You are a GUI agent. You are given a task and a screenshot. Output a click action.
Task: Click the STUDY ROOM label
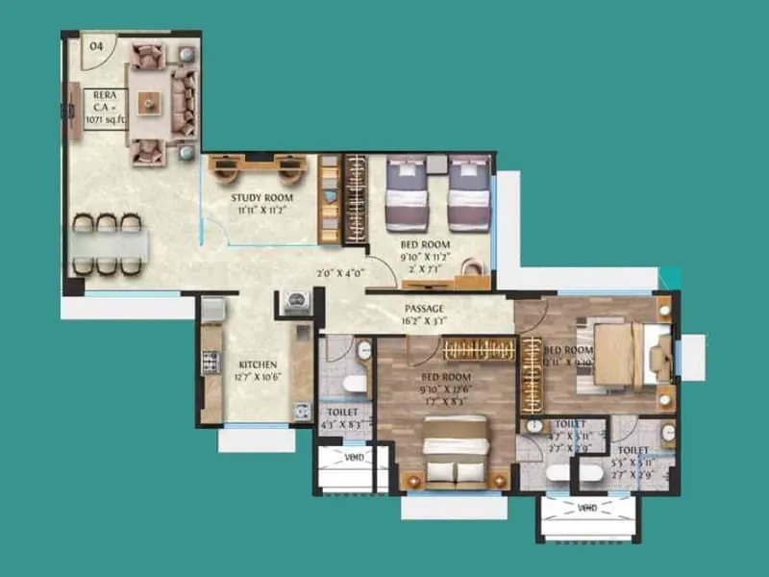click(x=260, y=199)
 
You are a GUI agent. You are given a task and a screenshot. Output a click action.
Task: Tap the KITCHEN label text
click(x=259, y=364)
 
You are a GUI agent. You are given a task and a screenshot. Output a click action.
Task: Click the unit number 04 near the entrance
click(x=97, y=46)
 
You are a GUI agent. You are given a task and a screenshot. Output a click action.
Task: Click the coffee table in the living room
click(x=148, y=101)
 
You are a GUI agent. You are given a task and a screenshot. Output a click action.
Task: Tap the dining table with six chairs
click(x=108, y=244)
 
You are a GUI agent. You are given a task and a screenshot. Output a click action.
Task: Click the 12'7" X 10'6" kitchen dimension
click(x=258, y=377)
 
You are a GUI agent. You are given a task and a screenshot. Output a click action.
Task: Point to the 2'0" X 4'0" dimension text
click(x=340, y=274)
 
